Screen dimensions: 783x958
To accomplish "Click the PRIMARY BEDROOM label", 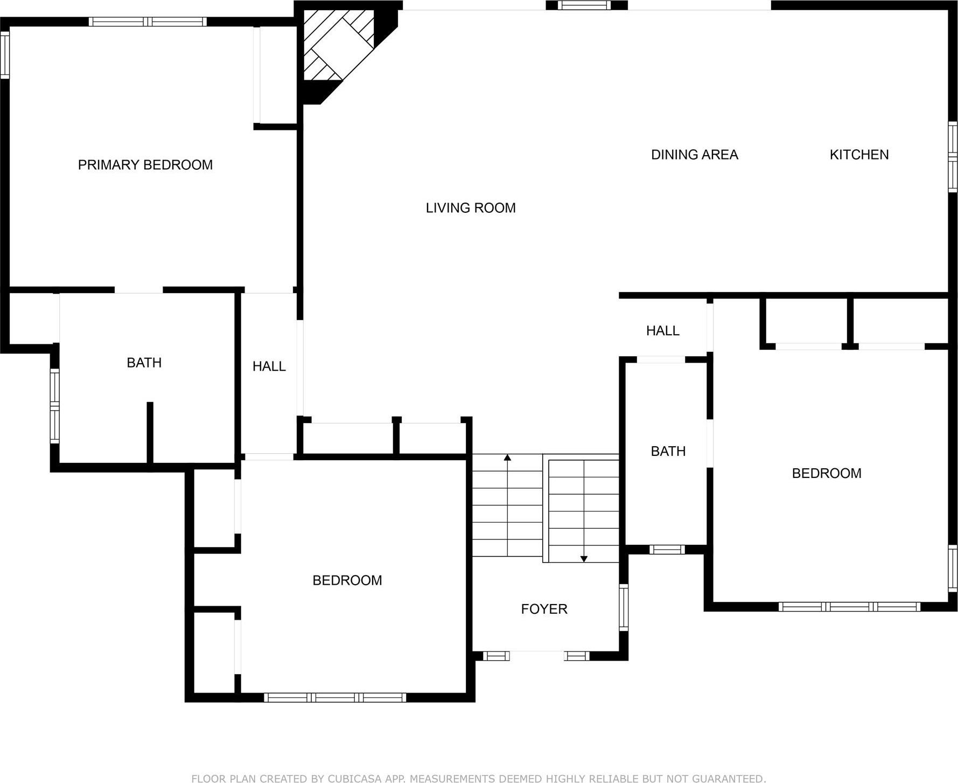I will coord(145,165).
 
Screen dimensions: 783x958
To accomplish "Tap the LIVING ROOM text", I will coord(471,208).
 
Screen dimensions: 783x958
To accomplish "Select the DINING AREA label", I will coord(694,155).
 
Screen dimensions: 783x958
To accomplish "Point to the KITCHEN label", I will coord(859,155).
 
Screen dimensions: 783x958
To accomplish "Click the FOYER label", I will coord(544,609).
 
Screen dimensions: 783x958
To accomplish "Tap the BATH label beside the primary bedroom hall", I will coord(144,363).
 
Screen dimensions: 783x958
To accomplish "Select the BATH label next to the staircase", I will coord(668,451).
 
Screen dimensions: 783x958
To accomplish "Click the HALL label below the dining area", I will coord(662,330).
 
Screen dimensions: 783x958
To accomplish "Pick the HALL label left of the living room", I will coord(269,366).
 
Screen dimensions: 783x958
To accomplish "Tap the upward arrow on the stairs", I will coord(507,458).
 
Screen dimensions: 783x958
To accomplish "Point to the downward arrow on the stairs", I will coord(584,558).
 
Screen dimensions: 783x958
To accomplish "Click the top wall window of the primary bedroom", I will coord(148,22).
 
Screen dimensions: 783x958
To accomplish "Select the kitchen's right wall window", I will coord(952,157).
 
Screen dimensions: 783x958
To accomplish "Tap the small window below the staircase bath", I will coord(667,550).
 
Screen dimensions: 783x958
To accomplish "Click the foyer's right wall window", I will coord(624,607).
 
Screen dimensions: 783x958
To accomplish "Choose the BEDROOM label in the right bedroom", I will coord(826,473).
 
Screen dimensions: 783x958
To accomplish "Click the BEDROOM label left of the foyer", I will coord(347,580).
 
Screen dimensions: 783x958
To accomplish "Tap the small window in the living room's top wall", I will coord(584,5).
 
